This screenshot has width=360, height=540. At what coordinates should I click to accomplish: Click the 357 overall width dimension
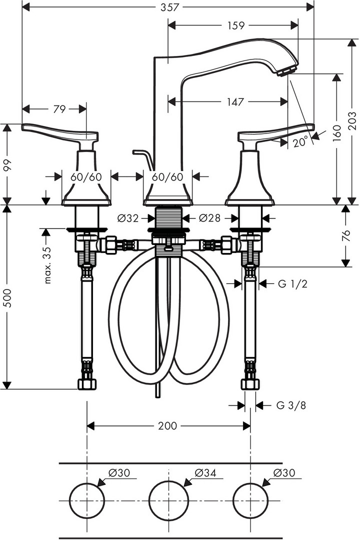(170, 7)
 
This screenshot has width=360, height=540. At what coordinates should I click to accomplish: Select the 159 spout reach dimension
(236, 25)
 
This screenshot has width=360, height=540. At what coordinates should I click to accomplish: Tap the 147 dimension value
(235, 101)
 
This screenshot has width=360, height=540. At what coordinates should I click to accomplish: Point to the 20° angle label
(300, 142)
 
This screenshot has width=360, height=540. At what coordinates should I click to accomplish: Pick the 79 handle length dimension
(59, 109)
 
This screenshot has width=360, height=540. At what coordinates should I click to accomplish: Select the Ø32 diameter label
(128, 218)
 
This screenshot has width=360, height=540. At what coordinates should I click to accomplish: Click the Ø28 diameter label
(210, 218)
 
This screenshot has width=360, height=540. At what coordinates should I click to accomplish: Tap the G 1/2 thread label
(292, 284)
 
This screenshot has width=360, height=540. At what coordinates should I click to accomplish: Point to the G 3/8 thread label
(291, 405)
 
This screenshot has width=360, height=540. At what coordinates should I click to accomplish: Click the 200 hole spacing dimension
(167, 426)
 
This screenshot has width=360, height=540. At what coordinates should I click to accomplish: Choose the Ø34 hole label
(205, 473)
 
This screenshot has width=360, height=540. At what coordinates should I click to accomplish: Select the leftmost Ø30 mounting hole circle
(87, 483)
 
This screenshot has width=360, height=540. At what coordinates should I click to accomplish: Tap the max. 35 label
(47, 265)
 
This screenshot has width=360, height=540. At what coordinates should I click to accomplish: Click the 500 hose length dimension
(7, 298)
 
